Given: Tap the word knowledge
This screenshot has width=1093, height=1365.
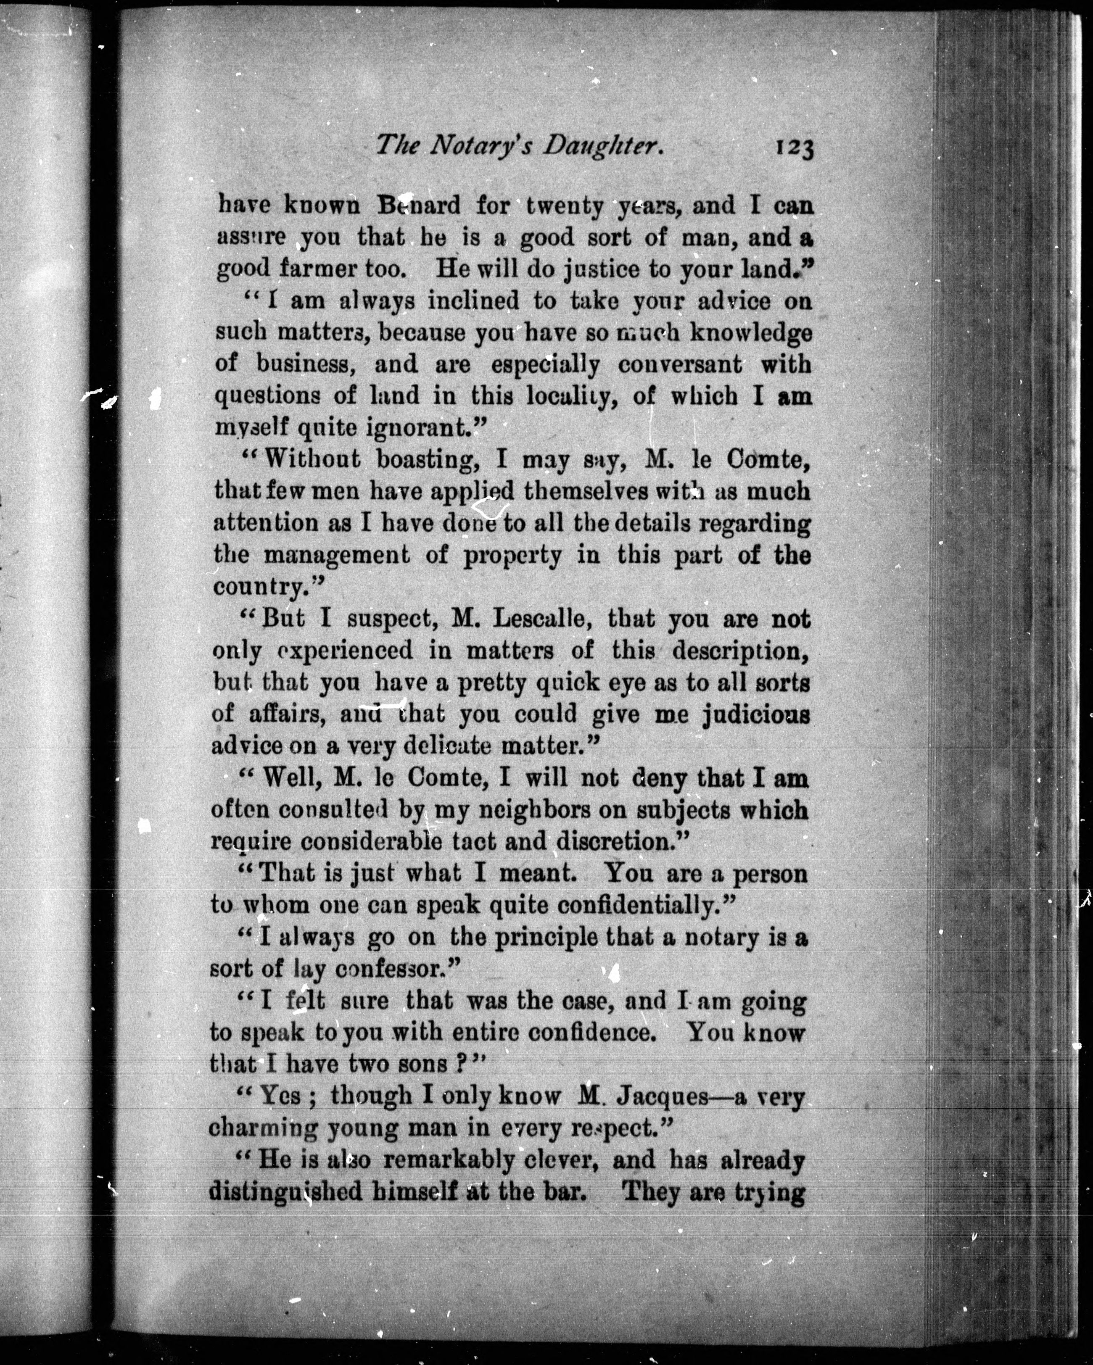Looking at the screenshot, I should click(x=750, y=332).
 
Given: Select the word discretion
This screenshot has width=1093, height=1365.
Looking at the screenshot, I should click(x=621, y=842).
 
